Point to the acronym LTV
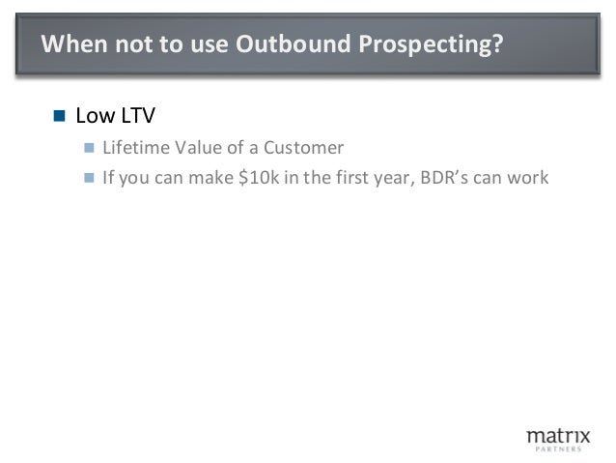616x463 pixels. (135, 117)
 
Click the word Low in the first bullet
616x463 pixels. (93, 117)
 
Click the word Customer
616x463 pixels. (309, 149)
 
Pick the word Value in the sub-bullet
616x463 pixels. (196, 149)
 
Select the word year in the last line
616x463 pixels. (392, 179)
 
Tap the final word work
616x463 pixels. (529, 178)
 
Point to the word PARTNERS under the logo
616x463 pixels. (557, 449)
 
